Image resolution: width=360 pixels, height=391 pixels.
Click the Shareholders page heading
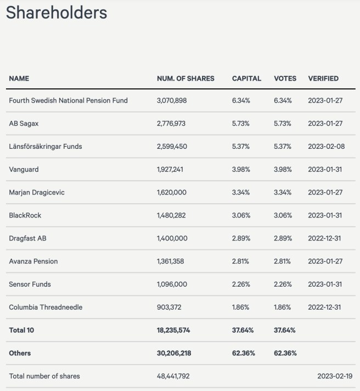tap(57, 13)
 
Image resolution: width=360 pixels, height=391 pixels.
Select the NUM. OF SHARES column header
tap(185, 79)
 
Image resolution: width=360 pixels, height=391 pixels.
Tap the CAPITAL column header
tap(246, 79)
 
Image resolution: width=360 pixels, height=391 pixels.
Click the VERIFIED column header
tap(323, 79)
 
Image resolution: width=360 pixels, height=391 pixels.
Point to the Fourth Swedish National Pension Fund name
tap(68, 100)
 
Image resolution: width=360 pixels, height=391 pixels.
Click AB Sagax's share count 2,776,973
tap(171, 124)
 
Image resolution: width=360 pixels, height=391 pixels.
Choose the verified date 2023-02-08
tap(325, 147)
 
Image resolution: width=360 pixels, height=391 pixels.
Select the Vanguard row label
tap(24, 169)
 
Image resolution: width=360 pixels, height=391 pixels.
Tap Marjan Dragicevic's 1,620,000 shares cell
tap(172, 192)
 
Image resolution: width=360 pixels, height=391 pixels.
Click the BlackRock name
tap(25, 215)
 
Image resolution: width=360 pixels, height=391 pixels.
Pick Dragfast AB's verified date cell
tap(325, 238)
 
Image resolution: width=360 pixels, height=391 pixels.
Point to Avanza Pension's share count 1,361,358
tap(171, 261)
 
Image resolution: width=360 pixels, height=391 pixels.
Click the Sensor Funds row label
tap(30, 284)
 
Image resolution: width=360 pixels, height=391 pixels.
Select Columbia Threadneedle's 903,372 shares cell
tap(168, 308)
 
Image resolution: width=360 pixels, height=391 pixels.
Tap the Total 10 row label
tap(21, 331)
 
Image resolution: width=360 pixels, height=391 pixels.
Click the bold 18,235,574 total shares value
tap(173, 331)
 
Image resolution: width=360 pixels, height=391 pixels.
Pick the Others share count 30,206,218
tap(173, 354)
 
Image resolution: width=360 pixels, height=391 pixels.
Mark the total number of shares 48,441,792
tap(173, 376)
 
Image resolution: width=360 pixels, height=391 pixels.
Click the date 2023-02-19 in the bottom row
tap(335, 376)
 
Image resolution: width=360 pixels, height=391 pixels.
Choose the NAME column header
tap(19, 79)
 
